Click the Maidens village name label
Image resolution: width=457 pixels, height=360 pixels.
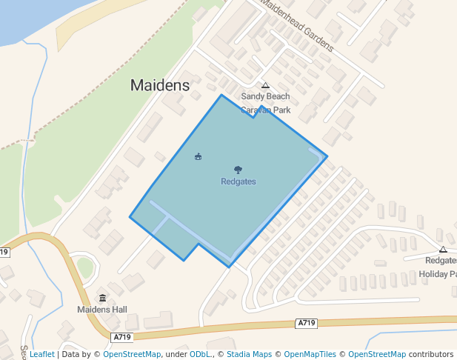(159, 85)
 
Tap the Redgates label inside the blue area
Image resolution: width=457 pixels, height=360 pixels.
(238, 181)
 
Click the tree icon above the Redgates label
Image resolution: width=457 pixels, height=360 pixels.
(238, 170)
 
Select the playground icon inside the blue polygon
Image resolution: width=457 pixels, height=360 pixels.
(198, 156)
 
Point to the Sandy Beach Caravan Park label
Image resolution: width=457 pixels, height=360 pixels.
(265, 103)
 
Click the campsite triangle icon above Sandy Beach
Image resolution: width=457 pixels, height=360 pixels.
(265, 85)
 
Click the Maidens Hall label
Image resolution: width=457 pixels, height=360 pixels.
(102, 309)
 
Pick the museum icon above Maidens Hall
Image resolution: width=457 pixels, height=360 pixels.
(102, 298)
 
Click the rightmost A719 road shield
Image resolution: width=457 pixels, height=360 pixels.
(306, 323)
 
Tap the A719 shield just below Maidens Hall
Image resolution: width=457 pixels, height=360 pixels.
(122, 337)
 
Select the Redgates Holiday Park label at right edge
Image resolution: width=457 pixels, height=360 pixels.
(441, 267)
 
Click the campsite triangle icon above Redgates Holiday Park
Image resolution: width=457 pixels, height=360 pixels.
(443, 250)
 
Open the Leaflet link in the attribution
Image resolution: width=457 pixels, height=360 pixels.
(41, 354)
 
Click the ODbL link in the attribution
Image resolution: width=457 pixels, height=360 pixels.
(201, 354)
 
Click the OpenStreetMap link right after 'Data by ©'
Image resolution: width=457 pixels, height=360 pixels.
(132, 354)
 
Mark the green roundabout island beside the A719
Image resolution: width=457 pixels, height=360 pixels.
(85, 267)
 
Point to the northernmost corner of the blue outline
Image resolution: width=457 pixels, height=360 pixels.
(221, 95)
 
